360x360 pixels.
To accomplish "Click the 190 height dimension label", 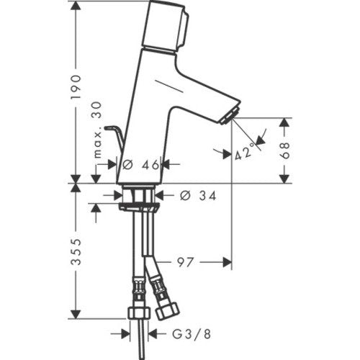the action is pyautogui.click(x=76, y=87).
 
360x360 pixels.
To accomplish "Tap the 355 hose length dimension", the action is pyautogui.click(x=76, y=252).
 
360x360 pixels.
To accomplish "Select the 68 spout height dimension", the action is pyautogui.click(x=285, y=150).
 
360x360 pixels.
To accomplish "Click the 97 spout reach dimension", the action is pyautogui.click(x=185, y=262).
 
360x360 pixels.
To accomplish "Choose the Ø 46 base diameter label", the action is pyautogui.click(x=140, y=165).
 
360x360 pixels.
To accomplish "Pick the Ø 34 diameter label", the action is pyautogui.click(x=198, y=196).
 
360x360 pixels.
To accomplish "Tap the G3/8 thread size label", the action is pyautogui.click(x=192, y=334).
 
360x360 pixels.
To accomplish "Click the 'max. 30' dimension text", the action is pyautogui.click(x=98, y=130).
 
